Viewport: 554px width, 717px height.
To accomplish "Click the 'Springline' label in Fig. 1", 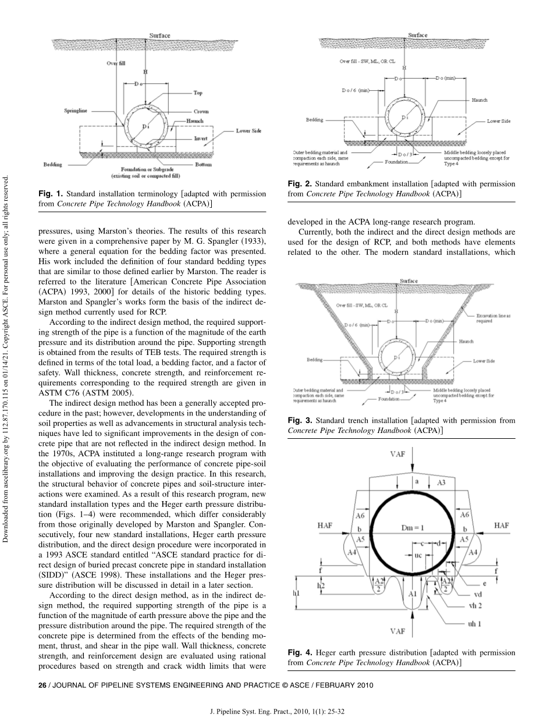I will click(75, 111).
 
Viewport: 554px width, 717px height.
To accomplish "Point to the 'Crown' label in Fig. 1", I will click(201, 111).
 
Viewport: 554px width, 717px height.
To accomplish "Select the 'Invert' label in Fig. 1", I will click(201, 139).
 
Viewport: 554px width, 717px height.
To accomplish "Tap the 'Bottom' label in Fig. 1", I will click(204, 165).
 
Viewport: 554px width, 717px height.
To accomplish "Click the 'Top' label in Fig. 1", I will click(198, 93).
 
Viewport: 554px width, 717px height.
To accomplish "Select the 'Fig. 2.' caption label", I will click(300, 184).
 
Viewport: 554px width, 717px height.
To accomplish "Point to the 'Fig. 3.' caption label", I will click(300, 420).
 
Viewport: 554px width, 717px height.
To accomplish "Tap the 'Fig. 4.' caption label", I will click(300, 652).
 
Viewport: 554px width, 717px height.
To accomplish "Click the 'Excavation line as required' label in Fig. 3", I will click(493, 318).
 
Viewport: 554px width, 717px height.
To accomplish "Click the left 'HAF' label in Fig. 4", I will click(326, 526).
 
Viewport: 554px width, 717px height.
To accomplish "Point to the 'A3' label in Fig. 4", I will click(441, 482).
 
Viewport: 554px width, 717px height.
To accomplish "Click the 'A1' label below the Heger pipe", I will click(412, 594).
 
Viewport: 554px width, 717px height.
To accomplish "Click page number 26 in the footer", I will click(42, 685).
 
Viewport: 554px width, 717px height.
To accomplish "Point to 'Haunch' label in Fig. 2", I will click(480, 101).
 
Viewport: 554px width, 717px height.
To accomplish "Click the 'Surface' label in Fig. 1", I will click(159, 36).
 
